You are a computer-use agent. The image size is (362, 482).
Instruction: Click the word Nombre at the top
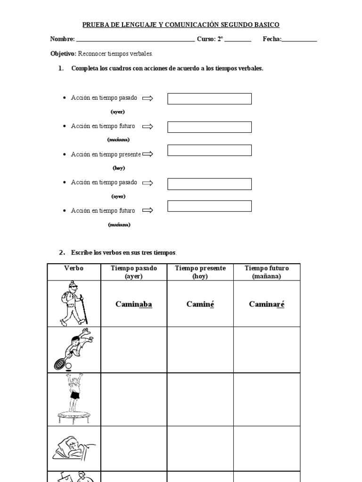62,39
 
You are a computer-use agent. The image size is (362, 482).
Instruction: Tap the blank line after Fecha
299,40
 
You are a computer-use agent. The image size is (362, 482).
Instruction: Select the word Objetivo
63,54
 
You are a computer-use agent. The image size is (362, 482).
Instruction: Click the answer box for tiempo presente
209,150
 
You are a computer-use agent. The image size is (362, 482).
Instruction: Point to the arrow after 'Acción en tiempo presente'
148,154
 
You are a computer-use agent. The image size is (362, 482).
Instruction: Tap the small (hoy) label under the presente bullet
119,168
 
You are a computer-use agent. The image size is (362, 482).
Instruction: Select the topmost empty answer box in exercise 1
209,99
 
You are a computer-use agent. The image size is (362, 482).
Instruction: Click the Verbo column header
74,268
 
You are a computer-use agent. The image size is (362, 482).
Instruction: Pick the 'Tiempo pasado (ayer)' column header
133,272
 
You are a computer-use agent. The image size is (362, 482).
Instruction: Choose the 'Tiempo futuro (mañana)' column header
266,272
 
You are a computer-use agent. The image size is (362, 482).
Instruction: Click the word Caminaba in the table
133,304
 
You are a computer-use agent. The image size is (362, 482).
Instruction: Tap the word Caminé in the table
200,304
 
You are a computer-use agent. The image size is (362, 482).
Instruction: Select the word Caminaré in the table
266,304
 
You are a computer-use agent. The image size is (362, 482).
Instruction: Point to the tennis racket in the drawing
61,363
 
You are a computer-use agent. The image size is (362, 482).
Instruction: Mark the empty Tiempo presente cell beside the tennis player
200,350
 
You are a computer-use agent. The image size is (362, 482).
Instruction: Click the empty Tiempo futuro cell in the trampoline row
266,399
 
